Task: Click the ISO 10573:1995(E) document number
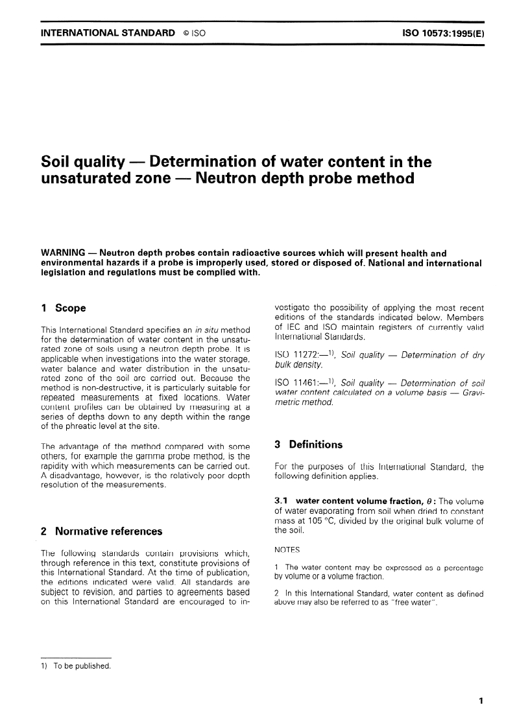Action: (439, 32)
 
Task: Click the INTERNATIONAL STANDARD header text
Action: (107, 32)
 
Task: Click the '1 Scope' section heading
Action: (63, 308)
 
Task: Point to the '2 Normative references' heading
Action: (101, 531)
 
